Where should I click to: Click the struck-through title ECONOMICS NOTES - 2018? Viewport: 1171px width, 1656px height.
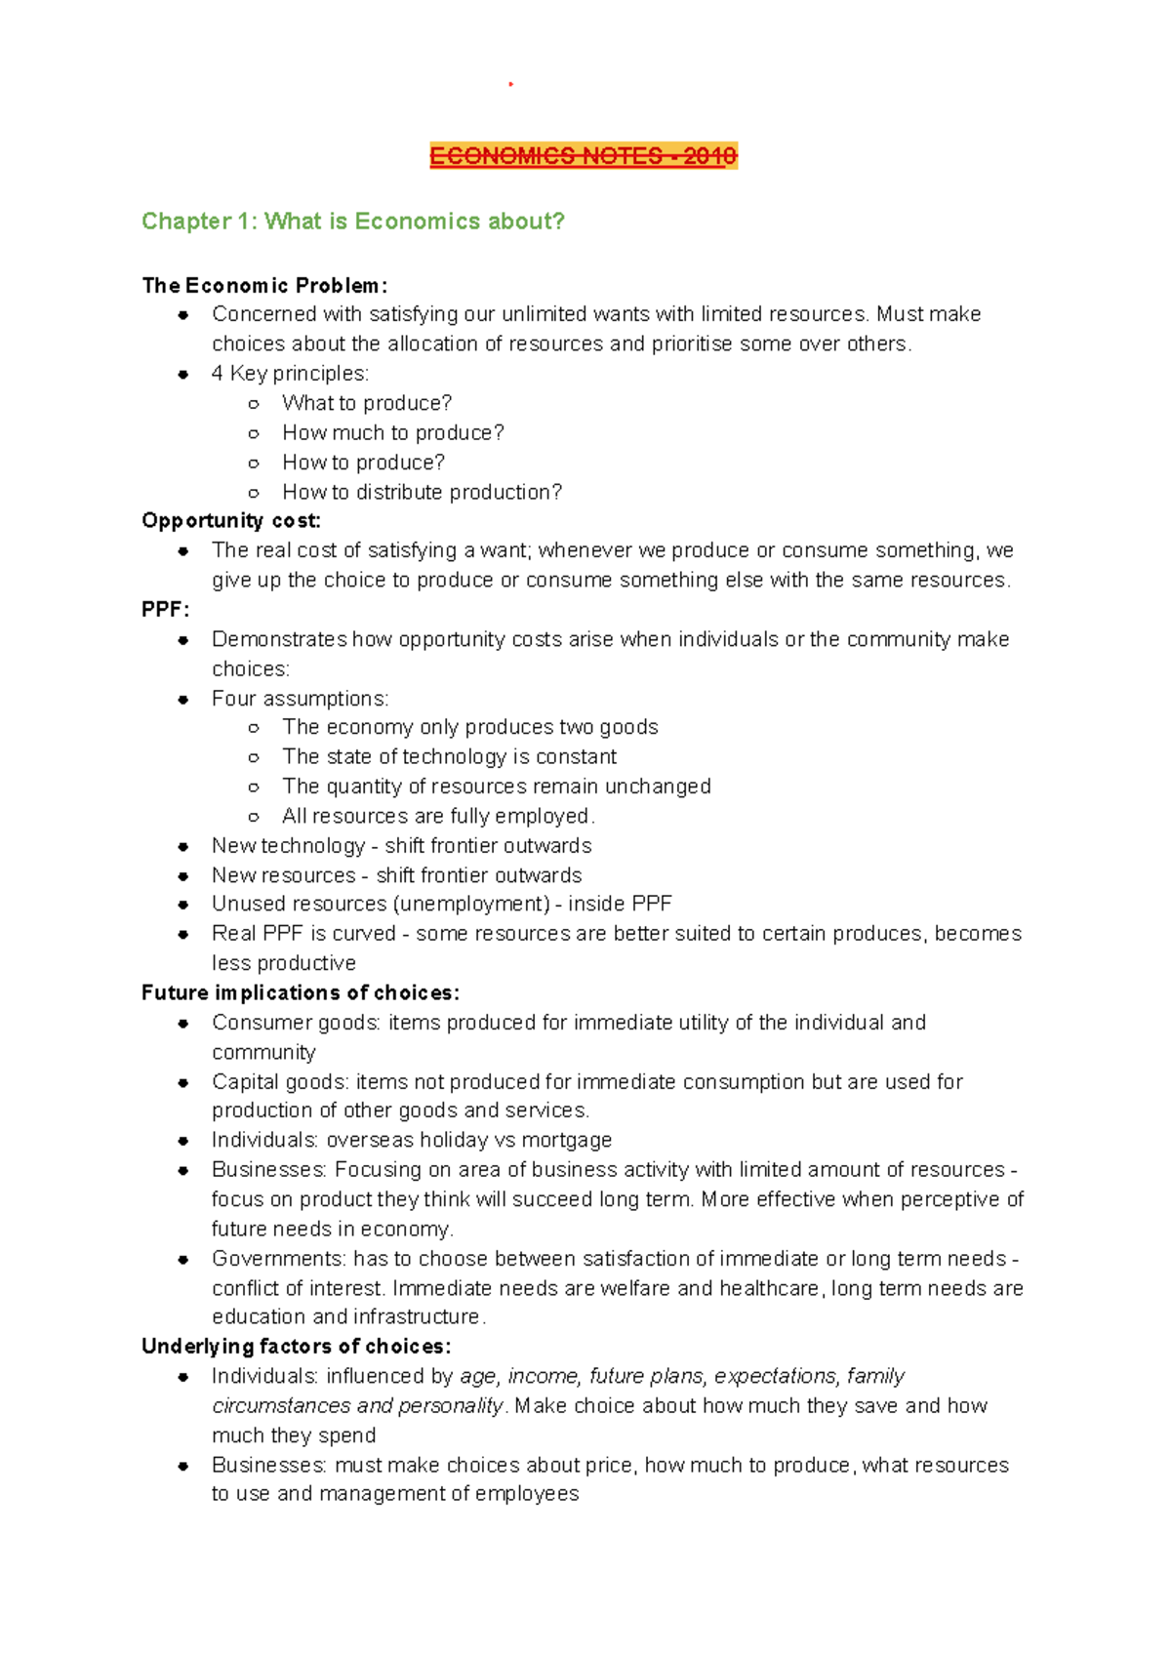(x=583, y=156)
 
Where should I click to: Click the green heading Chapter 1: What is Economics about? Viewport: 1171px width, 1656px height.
(x=352, y=222)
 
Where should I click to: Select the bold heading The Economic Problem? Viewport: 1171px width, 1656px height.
(x=264, y=286)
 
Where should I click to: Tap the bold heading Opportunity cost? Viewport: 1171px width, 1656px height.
(x=231, y=521)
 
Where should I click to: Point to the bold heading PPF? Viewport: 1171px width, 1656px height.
(x=165, y=610)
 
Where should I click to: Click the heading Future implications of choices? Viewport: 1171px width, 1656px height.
(x=301, y=993)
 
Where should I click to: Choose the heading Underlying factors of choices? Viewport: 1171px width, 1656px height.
(x=296, y=1347)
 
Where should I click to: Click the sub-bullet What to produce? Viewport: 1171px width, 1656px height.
(x=367, y=404)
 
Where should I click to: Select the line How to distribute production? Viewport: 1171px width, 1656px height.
(x=422, y=493)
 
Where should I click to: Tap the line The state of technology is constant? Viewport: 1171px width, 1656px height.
(x=449, y=757)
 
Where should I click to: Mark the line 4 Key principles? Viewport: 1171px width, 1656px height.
(x=290, y=374)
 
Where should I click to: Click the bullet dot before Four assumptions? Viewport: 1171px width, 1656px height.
(x=183, y=700)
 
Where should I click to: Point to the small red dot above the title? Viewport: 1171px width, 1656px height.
(x=510, y=85)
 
